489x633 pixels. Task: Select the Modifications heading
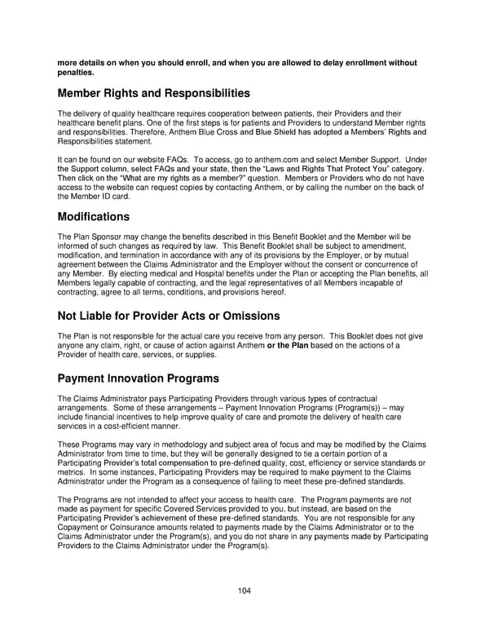pyautogui.click(x=94, y=217)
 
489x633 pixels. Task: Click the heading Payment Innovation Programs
pyautogui.click(x=138, y=378)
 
